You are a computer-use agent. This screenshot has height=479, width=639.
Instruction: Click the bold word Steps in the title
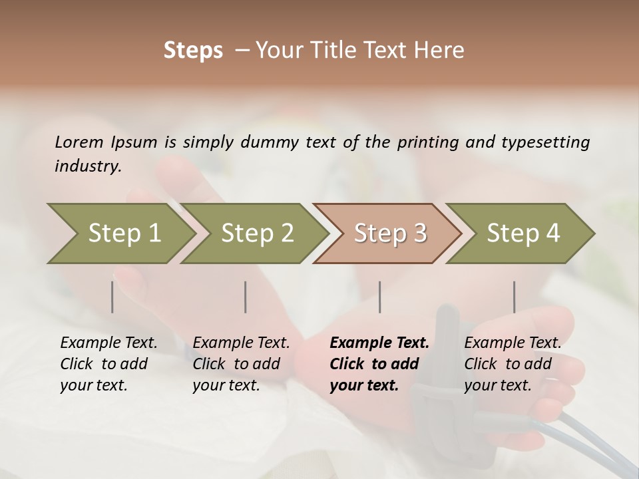coord(193,51)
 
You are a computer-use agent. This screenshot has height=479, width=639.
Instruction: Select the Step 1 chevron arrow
coord(120,233)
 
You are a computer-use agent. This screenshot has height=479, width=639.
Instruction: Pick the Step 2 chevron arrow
coord(256,233)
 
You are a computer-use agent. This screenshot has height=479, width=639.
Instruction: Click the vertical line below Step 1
coord(112,297)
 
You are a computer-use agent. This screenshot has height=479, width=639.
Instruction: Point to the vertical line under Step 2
coord(246,297)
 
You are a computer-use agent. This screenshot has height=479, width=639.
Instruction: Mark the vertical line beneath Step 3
coord(380,297)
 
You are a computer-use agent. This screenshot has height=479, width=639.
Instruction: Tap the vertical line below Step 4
coord(514,297)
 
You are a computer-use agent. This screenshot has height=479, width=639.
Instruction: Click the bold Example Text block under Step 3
coord(379,364)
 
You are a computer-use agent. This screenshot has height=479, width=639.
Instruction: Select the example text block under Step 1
coord(108,364)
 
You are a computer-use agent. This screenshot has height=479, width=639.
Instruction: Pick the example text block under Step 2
coord(240,364)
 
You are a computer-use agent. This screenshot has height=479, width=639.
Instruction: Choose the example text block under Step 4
coord(512,364)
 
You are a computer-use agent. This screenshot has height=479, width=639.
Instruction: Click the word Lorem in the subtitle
coord(79,142)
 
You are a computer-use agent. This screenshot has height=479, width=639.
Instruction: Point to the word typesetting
coord(545,142)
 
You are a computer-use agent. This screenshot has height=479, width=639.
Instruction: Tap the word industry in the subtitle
coord(87,166)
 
